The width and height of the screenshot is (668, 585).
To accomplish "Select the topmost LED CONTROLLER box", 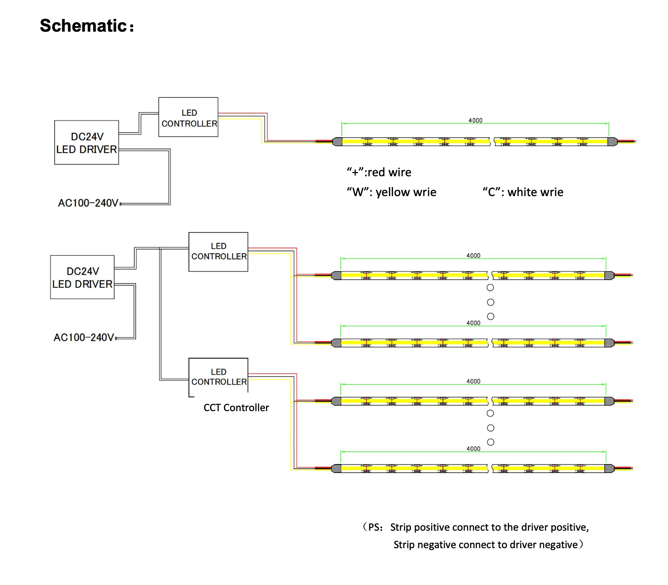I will (188, 117).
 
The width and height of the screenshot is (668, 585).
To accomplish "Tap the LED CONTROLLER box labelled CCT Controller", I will (218, 377).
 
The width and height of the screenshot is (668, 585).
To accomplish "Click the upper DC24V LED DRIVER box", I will (86, 143).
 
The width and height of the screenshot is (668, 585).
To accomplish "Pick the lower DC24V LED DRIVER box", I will (82, 277).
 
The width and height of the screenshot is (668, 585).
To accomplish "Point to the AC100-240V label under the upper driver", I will (88, 203).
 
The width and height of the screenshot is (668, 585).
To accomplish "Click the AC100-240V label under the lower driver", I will (84, 337).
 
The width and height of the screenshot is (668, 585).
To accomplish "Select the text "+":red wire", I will (379, 172).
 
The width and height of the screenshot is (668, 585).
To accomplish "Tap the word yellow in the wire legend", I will (392, 192).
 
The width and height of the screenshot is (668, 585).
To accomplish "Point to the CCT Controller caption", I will (236, 407).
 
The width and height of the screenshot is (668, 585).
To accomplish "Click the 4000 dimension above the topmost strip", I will (475, 120).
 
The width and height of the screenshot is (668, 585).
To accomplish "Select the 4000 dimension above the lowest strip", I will (473, 448).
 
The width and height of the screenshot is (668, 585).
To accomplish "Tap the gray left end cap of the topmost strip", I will (337, 141).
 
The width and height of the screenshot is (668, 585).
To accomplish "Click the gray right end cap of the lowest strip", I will (609, 468).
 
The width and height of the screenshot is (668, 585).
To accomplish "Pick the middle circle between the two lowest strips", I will (490, 428).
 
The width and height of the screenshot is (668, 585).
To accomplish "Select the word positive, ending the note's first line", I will (570, 527).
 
